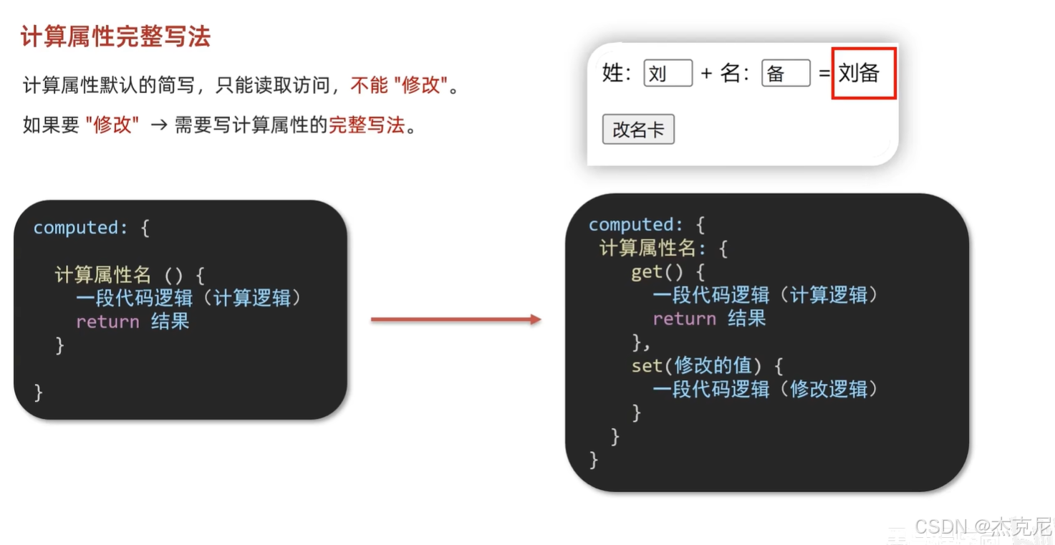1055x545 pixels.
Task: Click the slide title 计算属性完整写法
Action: [115, 37]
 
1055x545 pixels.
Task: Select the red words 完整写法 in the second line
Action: [367, 125]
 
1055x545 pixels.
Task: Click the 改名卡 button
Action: [637, 130]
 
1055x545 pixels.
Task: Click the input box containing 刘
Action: [668, 73]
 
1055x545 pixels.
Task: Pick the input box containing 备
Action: [785, 73]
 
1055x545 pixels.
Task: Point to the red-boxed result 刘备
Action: [863, 73]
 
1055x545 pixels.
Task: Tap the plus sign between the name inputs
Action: [706, 73]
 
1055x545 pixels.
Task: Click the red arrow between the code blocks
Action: [456, 319]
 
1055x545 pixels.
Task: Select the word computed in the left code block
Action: [75, 228]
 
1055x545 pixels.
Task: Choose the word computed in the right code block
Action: [630, 225]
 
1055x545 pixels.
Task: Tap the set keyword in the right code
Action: [647, 366]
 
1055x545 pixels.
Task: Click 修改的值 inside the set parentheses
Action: [713, 366]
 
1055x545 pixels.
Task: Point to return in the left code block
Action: [107, 322]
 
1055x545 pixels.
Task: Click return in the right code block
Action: [684, 319]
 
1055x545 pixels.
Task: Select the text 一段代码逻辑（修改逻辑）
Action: [765, 390]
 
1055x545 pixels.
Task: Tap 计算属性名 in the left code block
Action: [102, 275]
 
